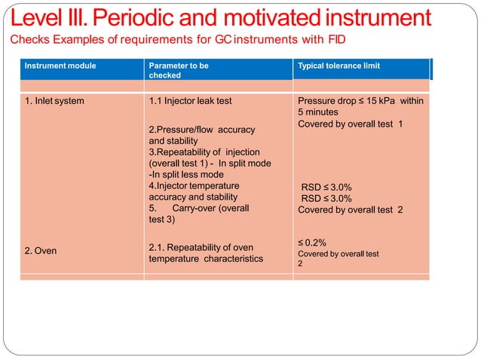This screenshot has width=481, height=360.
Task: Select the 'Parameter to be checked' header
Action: tap(179, 71)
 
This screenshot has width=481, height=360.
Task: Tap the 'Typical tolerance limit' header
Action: tap(339, 66)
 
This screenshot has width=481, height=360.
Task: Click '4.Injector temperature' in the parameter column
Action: tap(194, 185)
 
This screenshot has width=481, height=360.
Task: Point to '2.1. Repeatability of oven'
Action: tap(200, 247)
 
